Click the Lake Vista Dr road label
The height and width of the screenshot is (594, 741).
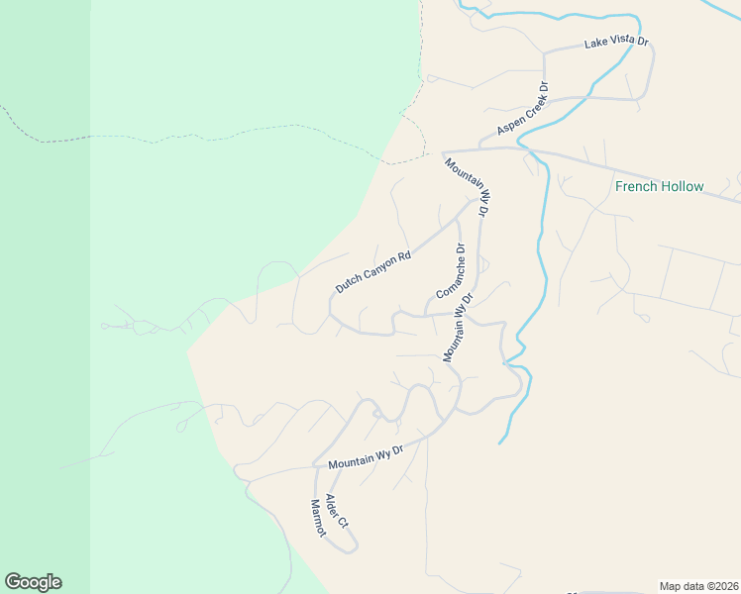(615, 43)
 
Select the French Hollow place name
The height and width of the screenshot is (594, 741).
(659, 186)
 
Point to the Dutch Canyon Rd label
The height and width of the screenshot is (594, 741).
(372, 273)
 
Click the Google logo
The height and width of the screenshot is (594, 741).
(33, 582)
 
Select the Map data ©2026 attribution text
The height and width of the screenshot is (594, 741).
(698, 585)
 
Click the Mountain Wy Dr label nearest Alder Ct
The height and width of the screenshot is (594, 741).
(366, 457)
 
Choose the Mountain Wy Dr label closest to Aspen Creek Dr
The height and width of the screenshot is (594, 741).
(468, 188)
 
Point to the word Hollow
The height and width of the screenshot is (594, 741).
(681, 186)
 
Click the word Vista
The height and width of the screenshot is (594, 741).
(620, 43)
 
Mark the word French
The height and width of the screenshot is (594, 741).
(636, 186)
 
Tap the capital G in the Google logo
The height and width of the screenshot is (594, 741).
(13, 582)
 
